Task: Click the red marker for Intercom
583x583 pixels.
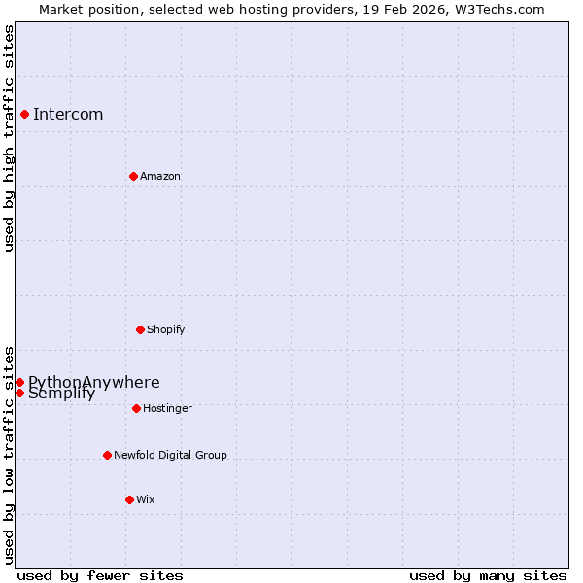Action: [24, 114]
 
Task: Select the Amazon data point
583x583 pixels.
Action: [133, 176]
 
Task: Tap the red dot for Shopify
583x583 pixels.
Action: [140, 329]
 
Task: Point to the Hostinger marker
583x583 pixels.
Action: [136, 408]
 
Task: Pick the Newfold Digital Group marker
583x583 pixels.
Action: [107, 455]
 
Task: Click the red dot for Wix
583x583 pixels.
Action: [129, 499]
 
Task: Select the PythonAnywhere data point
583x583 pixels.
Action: [19, 382]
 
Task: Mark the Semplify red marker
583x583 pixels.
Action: [19, 393]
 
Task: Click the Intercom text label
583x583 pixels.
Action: [68, 115]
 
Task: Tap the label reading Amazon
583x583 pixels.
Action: [160, 176]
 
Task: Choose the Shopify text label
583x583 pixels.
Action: [166, 329]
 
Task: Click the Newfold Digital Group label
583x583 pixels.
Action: [170, 455]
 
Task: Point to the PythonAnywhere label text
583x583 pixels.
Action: [94, 382]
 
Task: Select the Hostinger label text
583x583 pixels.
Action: [167, 408]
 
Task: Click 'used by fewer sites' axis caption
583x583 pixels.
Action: [100, 575]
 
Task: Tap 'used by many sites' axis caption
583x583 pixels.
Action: [488, 575]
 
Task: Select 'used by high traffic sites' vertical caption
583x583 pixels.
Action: [10, 138]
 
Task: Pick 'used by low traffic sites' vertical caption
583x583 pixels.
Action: [10, 454]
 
